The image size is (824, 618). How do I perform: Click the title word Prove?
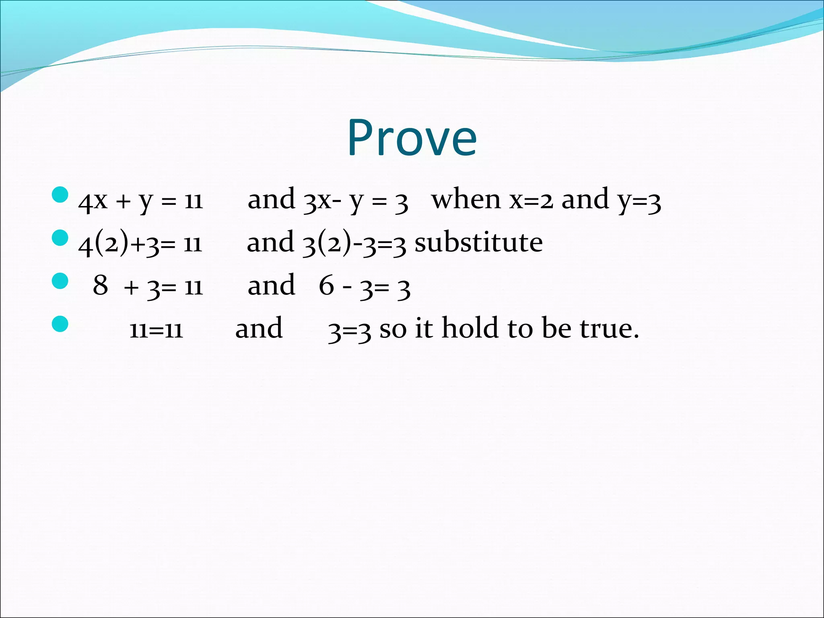412,138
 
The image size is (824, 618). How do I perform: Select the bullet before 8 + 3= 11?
60,281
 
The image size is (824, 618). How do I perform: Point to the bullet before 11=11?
60,324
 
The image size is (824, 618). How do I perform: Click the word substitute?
478,243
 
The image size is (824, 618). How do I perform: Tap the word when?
466,200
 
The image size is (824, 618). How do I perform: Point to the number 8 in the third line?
101,286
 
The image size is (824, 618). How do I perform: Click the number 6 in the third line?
326,286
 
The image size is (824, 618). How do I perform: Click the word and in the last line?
259,329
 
